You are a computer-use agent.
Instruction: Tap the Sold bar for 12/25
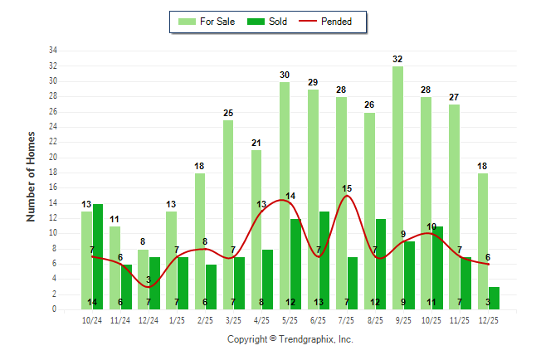point(494,298)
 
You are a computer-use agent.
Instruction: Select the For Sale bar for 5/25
point(285,195)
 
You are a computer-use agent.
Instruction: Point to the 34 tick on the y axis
point(52,51)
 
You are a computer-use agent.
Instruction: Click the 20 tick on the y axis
point(52,157)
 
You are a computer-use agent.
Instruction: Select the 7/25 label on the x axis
point(347,319)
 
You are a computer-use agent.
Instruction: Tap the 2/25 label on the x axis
point(205,319)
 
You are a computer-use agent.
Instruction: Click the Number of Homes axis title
point(32,176)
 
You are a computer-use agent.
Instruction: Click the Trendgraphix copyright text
point(290,339)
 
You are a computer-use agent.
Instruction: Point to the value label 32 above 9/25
point(397,59)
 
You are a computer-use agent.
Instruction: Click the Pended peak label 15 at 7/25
point(347,188)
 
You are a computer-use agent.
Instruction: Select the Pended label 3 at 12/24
point(149,280)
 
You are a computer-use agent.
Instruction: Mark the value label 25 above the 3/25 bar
point(228,112)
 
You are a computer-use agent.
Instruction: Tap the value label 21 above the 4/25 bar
point(256,143)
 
